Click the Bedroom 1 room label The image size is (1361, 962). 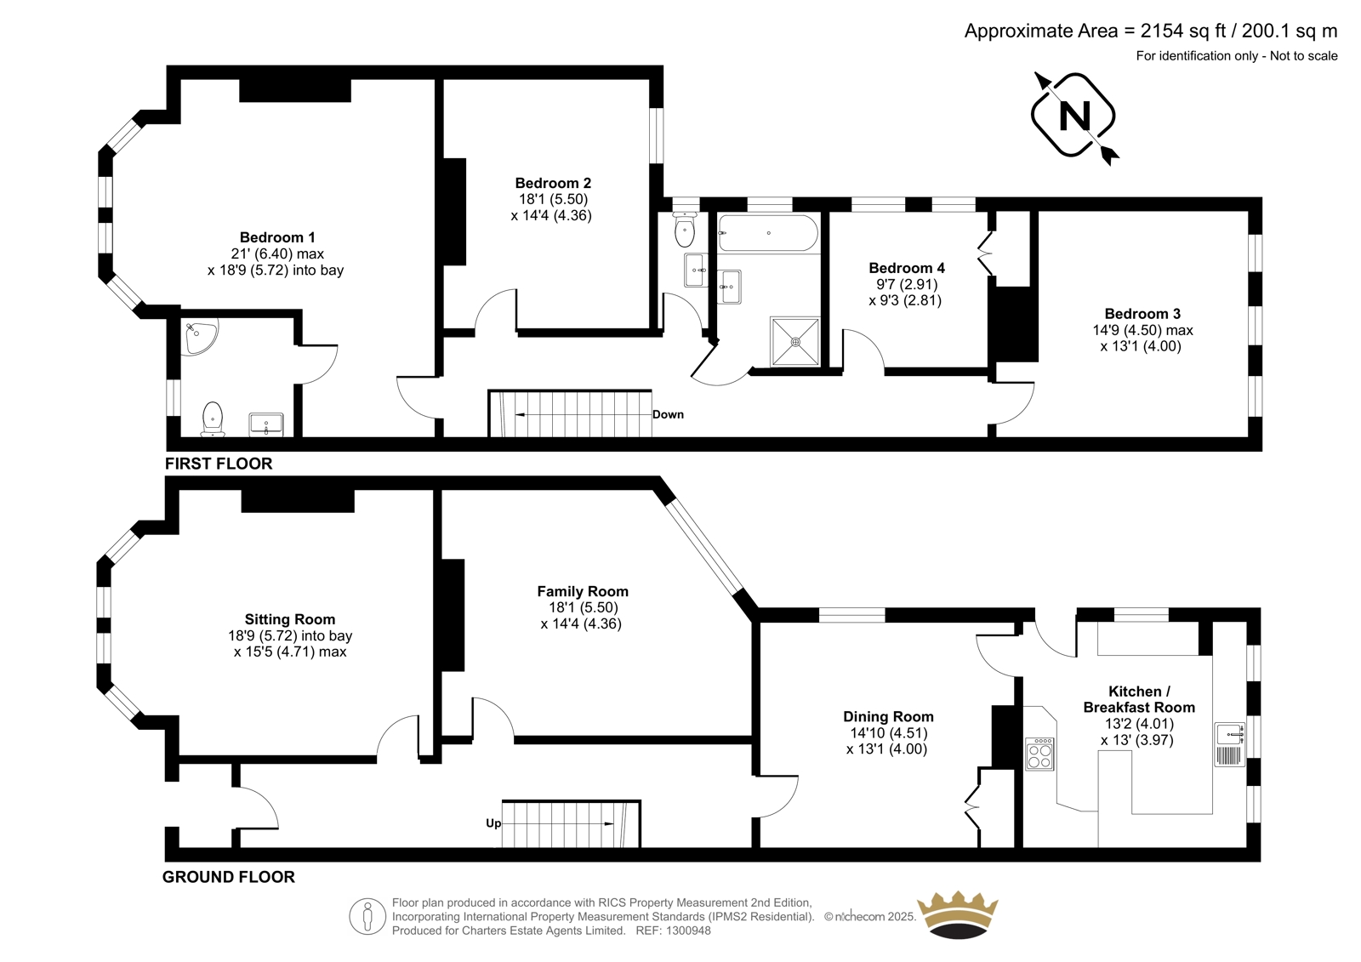pos(277,237)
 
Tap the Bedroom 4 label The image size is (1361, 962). pos(907,268)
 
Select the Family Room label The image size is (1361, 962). pos(583,591)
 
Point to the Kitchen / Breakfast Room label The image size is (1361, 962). pos(1139,699)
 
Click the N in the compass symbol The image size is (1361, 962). pos(1074,116)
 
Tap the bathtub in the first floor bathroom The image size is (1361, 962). pos(768,233)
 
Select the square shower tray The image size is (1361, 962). pos(794,342)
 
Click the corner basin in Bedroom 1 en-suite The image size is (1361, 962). pos(199,336)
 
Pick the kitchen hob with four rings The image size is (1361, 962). pos(1039,754)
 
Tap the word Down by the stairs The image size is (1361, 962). pos(668,414)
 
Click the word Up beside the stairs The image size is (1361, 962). pos(493,823)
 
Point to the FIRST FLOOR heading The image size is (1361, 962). pos(219,464)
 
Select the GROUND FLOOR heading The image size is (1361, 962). pos(229,877)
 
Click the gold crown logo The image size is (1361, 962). pos(958,915)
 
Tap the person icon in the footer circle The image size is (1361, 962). pos(367,917)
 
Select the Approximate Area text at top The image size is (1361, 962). pos(1151,31)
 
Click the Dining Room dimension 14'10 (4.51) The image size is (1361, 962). pos(887,733)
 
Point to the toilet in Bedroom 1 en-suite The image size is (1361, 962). pos(213,418)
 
